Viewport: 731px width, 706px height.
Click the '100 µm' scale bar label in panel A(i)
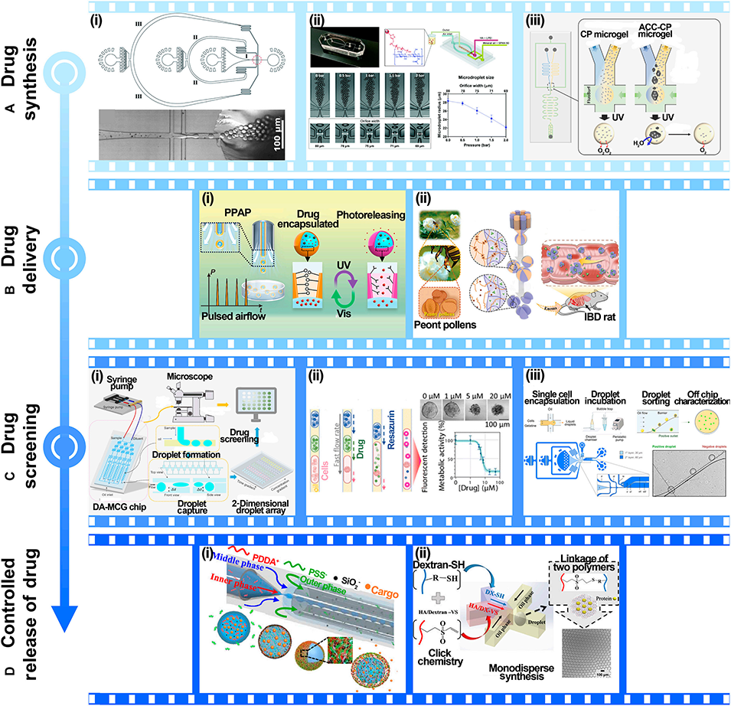tap(265, 143)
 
